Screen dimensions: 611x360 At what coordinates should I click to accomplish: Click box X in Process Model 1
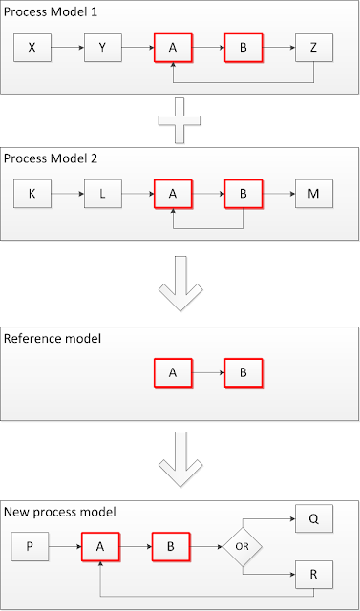coord(32,47)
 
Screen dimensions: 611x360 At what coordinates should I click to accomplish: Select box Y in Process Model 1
coord(102,47)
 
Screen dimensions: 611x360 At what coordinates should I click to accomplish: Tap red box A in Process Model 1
coord(172,47)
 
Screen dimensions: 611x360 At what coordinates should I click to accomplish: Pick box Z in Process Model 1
coord(313,47)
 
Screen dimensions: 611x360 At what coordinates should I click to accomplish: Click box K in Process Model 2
coord(32,194)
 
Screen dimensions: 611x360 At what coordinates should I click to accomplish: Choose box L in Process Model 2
coord(102,194)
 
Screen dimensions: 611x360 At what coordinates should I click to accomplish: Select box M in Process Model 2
coord(313,194)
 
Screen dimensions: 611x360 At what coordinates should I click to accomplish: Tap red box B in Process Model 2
coord(243,194)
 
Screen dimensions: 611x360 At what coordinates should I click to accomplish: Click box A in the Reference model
coord(172,372)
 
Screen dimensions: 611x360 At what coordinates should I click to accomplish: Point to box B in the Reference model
coord(243,372)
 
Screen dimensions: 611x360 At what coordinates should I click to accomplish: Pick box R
coord(313,577)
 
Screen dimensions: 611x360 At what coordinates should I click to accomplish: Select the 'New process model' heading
coord(60,512)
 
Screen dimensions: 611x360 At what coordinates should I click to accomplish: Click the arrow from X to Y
coord(68,47)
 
